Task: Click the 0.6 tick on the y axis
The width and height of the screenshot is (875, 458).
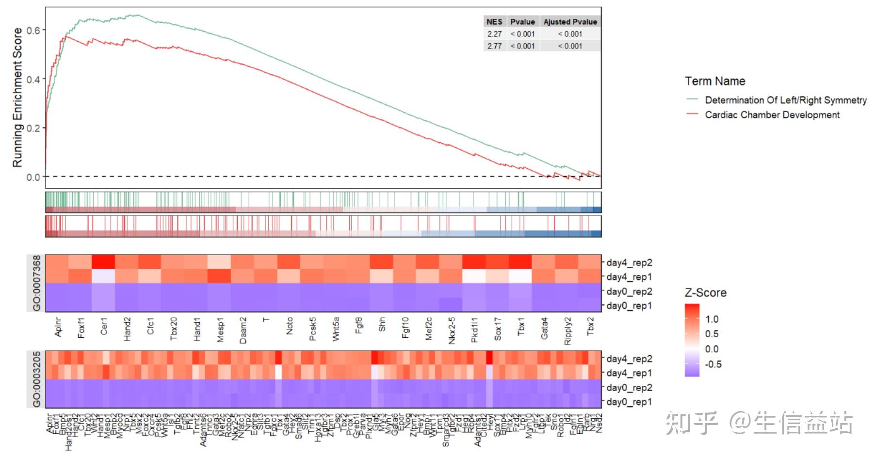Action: tap(33, 30)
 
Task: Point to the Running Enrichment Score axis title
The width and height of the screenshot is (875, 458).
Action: tap(17, 98)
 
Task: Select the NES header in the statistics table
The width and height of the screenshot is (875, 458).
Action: tap(494, 22)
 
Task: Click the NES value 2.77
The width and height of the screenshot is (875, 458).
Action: tap(494, 46)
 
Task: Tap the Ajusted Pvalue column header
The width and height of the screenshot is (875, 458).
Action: tap(570, 22)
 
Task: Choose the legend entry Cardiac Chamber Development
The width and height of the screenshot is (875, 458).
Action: tap(772, 115)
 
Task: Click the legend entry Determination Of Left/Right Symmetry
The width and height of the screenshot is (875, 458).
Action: tap(785, 100)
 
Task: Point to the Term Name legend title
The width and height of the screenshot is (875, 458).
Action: tap(714, 81)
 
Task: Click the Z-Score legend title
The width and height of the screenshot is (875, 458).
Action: tap(705, 293)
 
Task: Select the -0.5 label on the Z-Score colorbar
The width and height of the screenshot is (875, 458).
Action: tap(713, 364)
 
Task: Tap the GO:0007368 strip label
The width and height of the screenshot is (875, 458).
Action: tap(36, 283)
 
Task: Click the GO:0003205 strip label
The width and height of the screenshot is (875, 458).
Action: tap(36, 379)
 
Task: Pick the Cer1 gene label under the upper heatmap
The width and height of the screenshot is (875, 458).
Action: tap(104, 326)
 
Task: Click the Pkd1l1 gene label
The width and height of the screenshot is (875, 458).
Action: tap(474, 330)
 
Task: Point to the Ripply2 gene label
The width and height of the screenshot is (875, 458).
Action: tap(567, 331)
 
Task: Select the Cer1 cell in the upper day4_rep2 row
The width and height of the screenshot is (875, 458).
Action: tap(103, 262)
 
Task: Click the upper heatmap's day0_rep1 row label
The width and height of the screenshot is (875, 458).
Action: tap(629, 306)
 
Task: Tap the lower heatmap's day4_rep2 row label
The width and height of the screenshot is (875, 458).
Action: tap(629, 359)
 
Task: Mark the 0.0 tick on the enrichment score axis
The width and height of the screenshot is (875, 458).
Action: tap(33, 177)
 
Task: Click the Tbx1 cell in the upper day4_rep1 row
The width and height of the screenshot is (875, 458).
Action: tap(520, 276)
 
